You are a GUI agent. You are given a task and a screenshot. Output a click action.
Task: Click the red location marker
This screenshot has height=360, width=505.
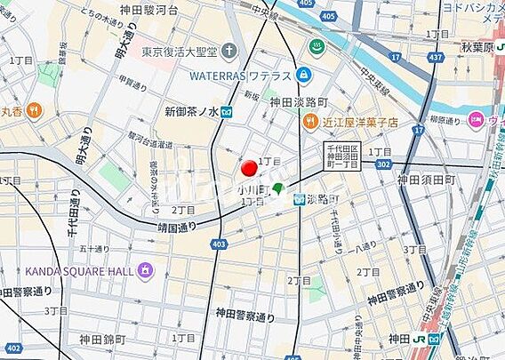(x=250, y=168)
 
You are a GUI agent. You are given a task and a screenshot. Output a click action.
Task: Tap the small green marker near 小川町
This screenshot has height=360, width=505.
(x=278, y=188)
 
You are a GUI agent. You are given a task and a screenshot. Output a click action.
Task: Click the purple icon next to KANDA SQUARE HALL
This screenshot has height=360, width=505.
(x=145, y=269)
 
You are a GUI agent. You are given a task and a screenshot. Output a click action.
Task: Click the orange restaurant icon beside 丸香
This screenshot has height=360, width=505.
(x=33, y=110)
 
